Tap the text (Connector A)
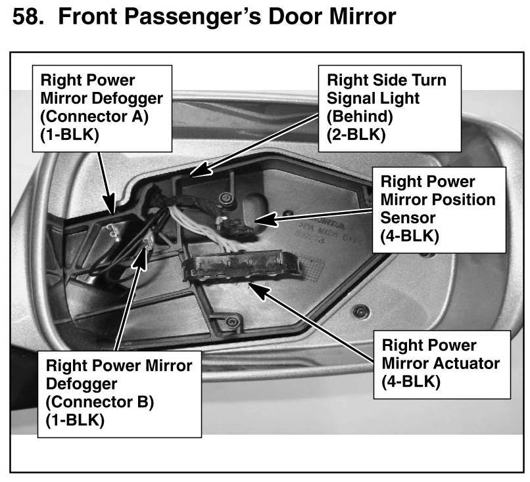coord(93,118)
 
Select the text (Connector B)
coord(99,401)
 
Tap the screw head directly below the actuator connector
coord(231,321)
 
